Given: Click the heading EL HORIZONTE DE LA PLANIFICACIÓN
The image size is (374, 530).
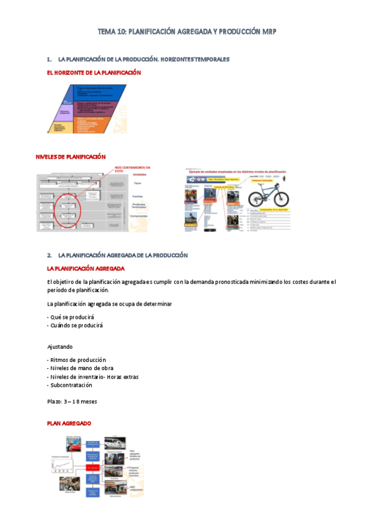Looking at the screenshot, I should click(x=94, y=72).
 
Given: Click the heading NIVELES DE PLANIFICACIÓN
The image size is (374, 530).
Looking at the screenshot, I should click(x=71, y=157).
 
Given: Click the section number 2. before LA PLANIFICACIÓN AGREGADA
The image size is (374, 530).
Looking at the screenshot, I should click(x=49, y=256).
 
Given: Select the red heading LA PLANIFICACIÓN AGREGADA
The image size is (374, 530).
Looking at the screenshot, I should click(x=86, y=268).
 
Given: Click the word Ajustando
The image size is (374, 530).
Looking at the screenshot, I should click(x=60, y=346).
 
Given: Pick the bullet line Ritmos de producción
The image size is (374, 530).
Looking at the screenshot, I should click(x=77, y=360).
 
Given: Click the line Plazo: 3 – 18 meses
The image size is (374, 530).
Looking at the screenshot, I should click(x=72, y=401).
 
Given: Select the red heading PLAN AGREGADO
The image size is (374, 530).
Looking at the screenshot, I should click(x=69, y=424).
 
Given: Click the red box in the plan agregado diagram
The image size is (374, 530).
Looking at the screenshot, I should click(x=93, y=467).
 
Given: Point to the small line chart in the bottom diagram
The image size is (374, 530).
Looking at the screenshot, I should click(x=66, y=463).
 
